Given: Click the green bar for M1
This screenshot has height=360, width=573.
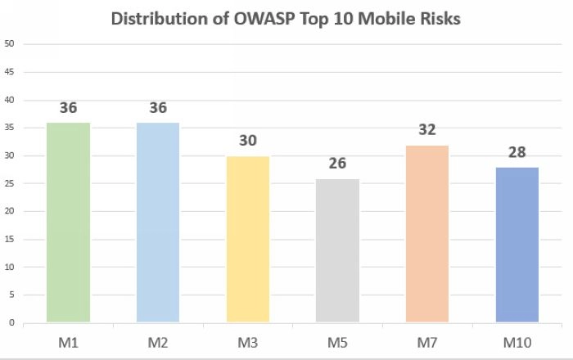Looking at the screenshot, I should tap(68, 222).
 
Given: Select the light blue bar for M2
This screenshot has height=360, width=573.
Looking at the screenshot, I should tap(158, 222).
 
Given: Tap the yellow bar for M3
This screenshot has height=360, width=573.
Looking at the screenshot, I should tap(248, 239).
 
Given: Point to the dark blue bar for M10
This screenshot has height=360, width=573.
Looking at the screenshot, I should tap(517, 245).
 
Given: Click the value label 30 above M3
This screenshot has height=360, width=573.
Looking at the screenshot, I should tap(248, 140).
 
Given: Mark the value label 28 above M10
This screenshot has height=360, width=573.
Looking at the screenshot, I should tap(517, 151).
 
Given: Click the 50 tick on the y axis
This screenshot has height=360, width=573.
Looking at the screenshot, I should tap(9, 44).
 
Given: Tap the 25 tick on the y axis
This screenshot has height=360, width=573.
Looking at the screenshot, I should tap(9, 183).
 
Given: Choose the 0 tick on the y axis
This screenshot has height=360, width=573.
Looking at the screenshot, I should tap(11, 322).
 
